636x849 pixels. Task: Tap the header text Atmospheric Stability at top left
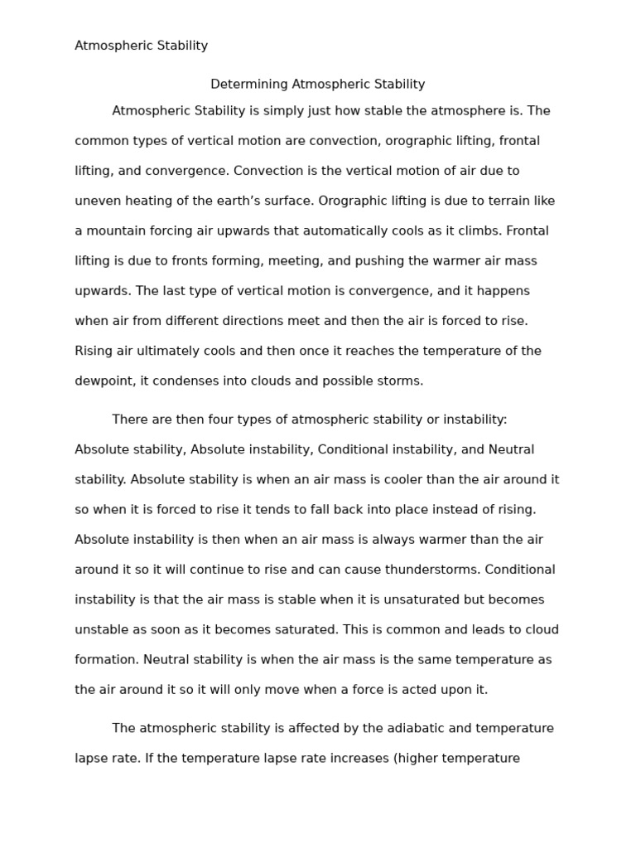coord(142,46)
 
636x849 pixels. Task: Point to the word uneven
coord(97,201)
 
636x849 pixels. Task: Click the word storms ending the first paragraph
coord(401,381)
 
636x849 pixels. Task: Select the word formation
coord(106,660)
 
